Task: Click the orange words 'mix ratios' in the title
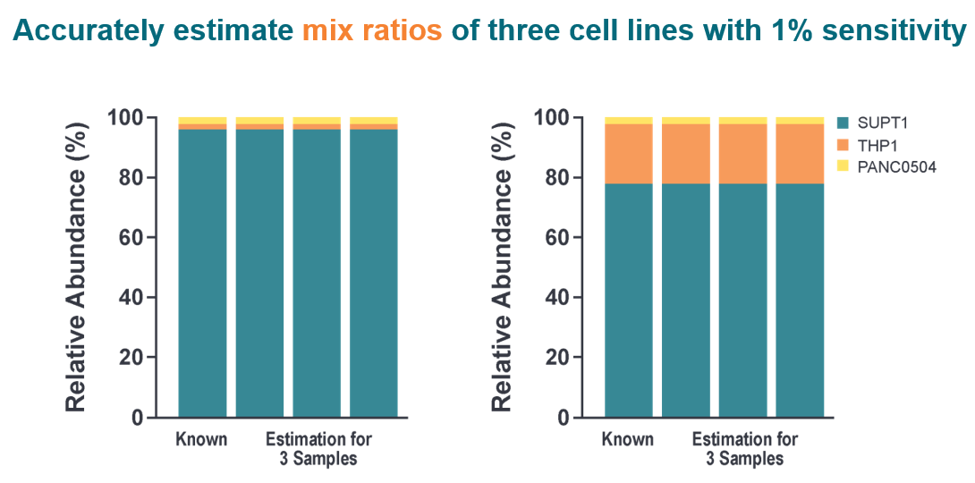click(x=371, y=31)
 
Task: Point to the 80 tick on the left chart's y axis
click(x=131, y=177)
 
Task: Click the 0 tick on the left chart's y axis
click(x=138, y=418)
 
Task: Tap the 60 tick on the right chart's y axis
click(x=557, y=237)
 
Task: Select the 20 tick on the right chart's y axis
click(x=557, y=358)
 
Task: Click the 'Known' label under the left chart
click(x=201, y=439)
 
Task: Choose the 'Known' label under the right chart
click(x=627, y=439)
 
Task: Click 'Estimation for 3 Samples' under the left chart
click(x=318, y=449)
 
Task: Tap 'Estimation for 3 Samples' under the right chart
click(x=744, y=449)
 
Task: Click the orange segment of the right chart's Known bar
click(x=628, y=153)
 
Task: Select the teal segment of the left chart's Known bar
click(x=202, y=273)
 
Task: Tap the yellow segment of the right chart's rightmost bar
click(x=799, y=120)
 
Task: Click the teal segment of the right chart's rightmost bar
click(x=799, y=300)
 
